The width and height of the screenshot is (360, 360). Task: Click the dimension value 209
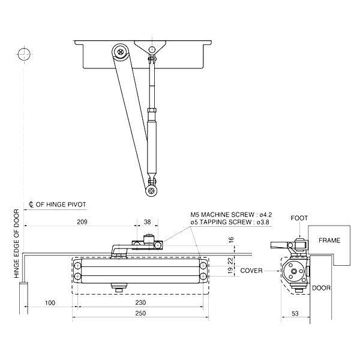[82, 223]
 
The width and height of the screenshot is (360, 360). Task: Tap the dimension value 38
[148, 223]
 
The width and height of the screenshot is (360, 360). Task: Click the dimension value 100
[50, 302]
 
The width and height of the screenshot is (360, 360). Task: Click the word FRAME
[329, 240]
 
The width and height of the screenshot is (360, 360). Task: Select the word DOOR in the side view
[322, 288]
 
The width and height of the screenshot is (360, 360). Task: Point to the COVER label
[251, 271]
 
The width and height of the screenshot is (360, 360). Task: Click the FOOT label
[299, 218]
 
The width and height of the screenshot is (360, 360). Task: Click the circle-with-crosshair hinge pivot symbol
[24, 54]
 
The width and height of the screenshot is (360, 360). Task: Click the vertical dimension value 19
[231, 271]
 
